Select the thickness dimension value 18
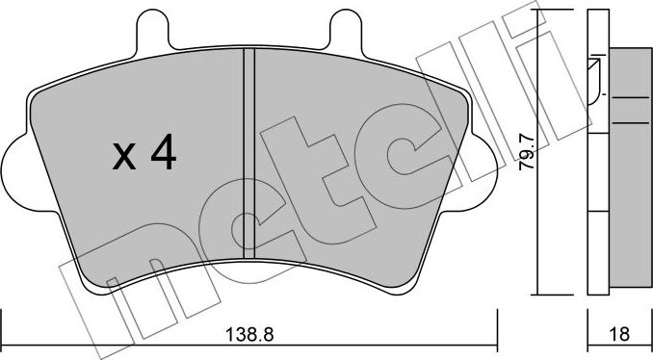click(619, 336)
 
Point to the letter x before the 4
click(123, 156)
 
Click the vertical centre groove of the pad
click(248, 144)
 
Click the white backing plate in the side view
click(596, 193)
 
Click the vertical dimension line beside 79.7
click(537, 154)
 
